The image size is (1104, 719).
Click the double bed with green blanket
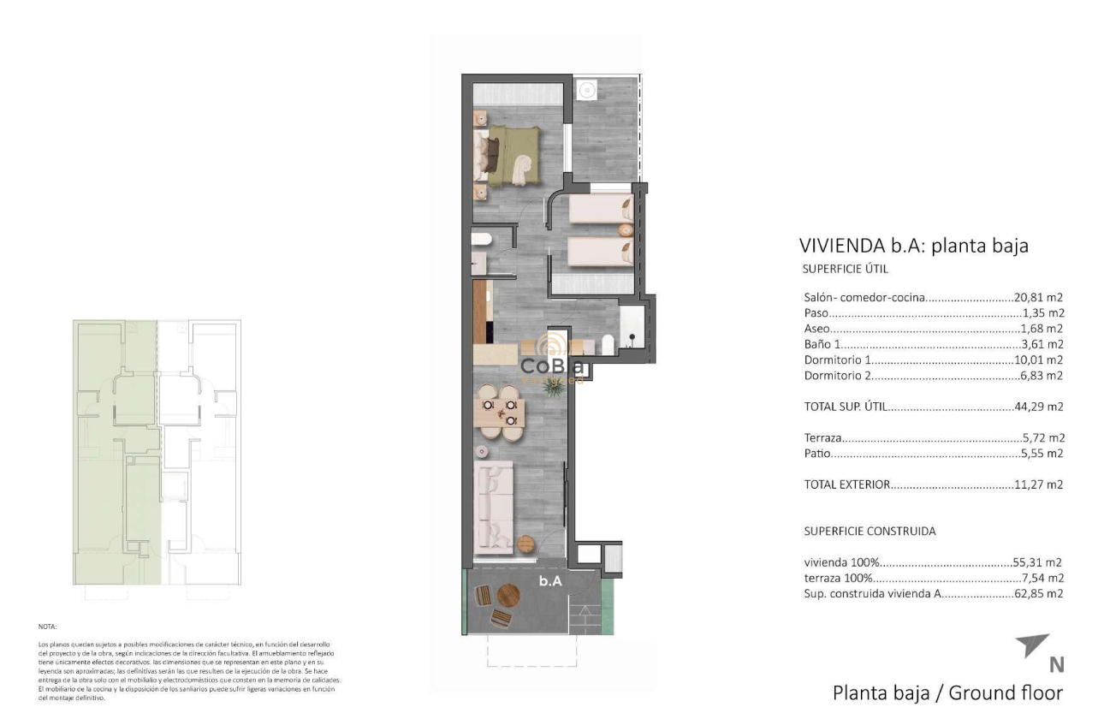coord(512,154)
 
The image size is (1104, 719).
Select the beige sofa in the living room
coord(494,505)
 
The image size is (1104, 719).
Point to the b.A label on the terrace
coord(549,580)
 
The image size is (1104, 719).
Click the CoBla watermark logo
coord(553,365)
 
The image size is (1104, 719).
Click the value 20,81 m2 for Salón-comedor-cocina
coord(1038,298)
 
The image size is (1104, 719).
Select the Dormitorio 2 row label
coord(837,376)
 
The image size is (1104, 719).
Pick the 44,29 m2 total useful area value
coord(1038,407)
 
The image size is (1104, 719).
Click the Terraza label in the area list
coord(823,437)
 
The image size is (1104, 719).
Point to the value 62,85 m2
coord(1038,593)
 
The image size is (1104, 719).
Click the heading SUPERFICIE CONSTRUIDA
coord(870,531)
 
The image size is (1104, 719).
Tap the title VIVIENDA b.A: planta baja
coord(913,246)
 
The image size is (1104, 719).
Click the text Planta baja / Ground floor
coord(947,692)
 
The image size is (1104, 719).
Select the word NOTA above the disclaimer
coord(47,627)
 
